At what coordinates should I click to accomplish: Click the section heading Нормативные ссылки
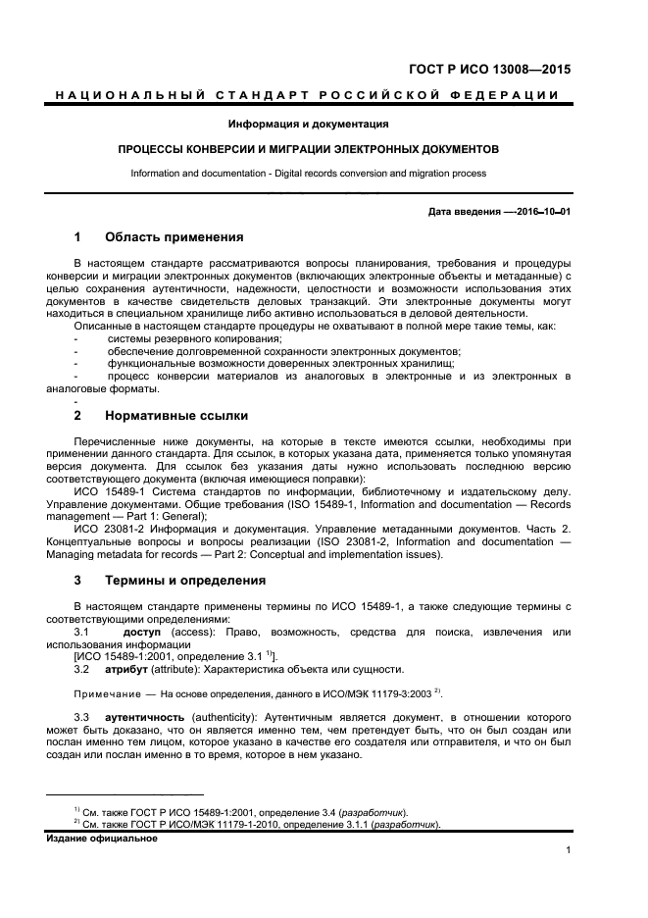[176, 416]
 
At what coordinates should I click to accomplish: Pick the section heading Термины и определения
[185, 581]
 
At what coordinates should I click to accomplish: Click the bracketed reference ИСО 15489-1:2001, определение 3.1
[168, 656]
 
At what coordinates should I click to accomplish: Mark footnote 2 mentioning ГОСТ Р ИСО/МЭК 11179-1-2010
[260, 825]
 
